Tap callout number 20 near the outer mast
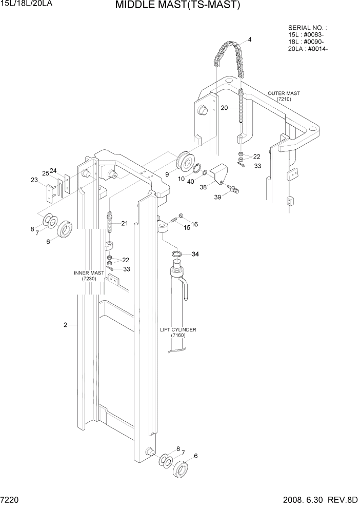coord(224,108)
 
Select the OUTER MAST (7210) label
coord(284,96)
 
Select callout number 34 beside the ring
coord(195,254)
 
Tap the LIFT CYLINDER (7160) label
coord(177,332)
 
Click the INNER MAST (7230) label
coord(89,275)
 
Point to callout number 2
coord(65,325)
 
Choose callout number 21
coord(124,223)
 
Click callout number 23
coord(34,180)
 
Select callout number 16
coord(194,224)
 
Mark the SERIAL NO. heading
coord(308,28)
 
